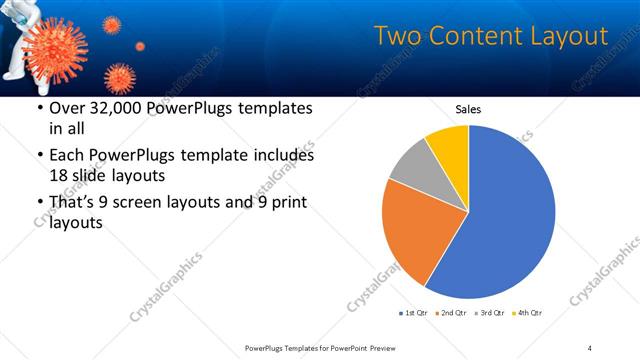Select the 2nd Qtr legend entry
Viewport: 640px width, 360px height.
pyautogui.click(x=451, y=314)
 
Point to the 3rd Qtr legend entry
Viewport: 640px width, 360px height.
pyautogui.click(x=491, y=314)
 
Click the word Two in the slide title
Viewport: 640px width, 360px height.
pyautogui.click(x=397, y=37)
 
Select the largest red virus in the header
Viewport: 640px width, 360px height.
pyautogui.click(x=51, y=45)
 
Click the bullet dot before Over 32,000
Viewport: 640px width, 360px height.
pyautogui.click(x=39, y=108)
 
